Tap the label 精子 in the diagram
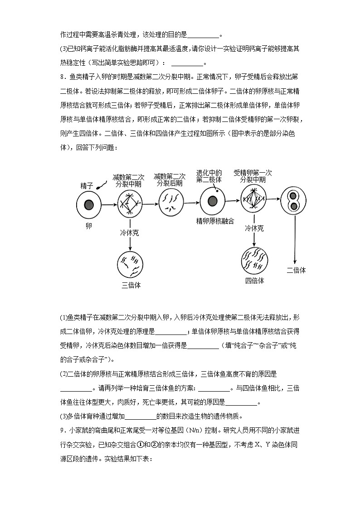(87, 186)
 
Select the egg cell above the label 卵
(88, 205)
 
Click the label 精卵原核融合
(215, 221)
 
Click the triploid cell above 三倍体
(131, 264)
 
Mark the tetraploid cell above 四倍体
(254, 260)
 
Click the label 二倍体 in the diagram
(296, 270)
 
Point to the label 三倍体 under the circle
(131, 285)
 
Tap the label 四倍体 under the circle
(254, 281)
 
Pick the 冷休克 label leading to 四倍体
(254, 229)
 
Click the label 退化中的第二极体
(209, 176)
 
